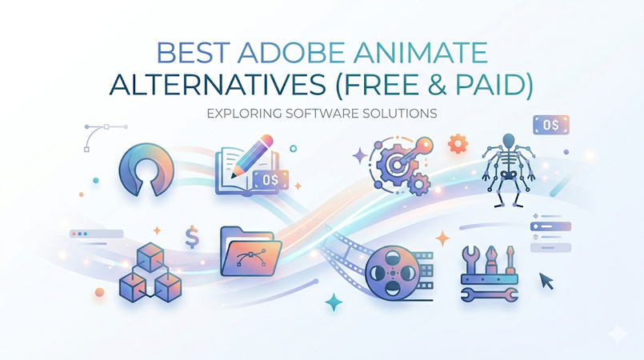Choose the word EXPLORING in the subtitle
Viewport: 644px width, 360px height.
click(x=242, y=114)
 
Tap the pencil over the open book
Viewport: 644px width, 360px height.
click(x=255, y=152)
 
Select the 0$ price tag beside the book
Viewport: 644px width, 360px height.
click(x=270, y=180)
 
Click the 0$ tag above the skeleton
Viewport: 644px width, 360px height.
click(x=551, y=125)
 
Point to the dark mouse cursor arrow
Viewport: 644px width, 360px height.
click(x=546, y=280)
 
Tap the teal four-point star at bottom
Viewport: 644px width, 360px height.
click(x=334, y=302)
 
